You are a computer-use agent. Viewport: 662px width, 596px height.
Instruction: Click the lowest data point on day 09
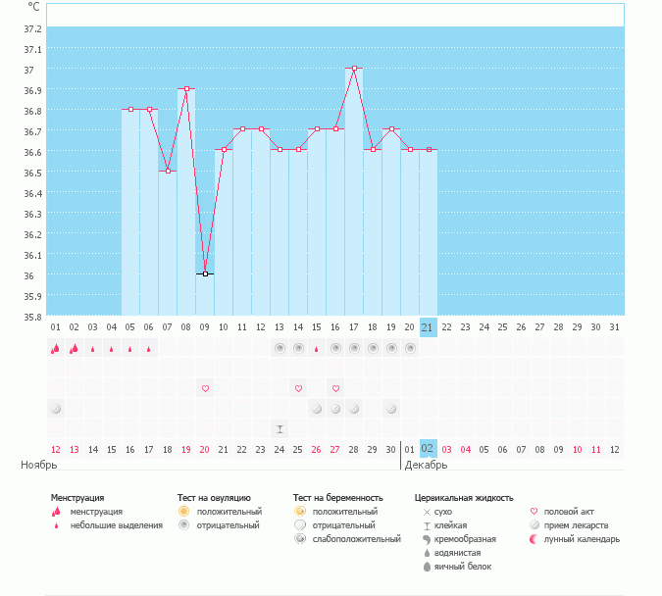pos(205,273)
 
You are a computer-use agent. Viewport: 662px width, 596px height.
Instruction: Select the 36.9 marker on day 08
pos(186,89)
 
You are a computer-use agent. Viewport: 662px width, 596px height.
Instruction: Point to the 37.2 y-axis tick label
pos(32,27)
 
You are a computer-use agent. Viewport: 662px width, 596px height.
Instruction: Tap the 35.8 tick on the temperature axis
pos(32,316)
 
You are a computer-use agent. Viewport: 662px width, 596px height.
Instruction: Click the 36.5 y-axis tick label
pos(32,173)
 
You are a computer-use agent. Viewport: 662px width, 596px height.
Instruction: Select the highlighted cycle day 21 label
pos(428,326)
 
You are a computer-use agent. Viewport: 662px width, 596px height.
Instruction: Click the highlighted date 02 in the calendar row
pos(428,448)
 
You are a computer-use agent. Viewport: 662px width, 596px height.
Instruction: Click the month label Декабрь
pos(426,465)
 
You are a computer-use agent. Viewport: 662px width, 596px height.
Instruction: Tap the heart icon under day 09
pos(205,388)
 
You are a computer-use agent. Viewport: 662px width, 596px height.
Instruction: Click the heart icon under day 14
pos(298,388)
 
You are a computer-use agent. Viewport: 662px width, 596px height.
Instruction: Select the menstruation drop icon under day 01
pos(55,348)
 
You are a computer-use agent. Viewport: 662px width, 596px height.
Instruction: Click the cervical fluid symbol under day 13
pos(280,428)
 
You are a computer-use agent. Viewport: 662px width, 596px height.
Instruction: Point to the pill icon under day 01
pos(55,408)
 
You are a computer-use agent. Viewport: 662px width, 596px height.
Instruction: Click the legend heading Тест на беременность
pos(337,498)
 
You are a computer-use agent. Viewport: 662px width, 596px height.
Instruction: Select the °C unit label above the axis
pos(33,7)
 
